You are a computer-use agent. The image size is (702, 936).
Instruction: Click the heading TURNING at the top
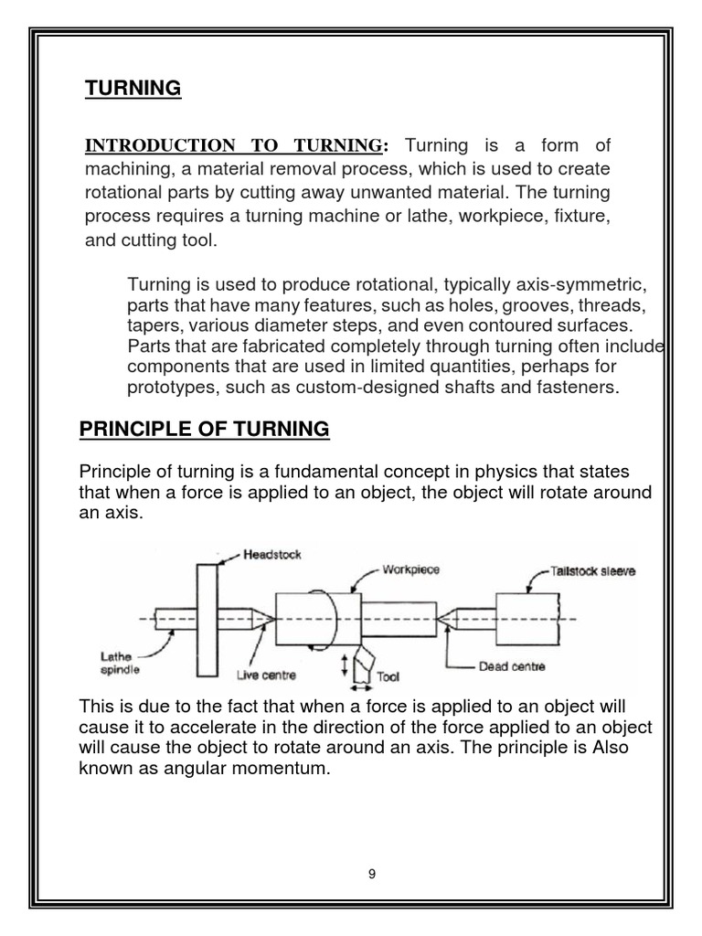pyautogui.click(x=133, y=89)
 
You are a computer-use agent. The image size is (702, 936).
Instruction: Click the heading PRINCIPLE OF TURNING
pyautogui.click(x=205, y=429)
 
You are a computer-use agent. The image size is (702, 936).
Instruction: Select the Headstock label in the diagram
pyautogui.click(x=272, y=555)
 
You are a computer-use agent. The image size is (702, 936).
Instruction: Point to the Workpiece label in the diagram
pyautogui.click(x=411, y=569)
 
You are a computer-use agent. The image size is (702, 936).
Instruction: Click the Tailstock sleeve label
pyautogui.click(x=593, y=571)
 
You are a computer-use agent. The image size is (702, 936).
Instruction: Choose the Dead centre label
pyautogui.click(x=512, y=666)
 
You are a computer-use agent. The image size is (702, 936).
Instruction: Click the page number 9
pyautogui.click(x=372, y=874)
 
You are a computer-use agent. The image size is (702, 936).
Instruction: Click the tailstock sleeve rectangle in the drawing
pyautogui.click(x=527, y=619)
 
